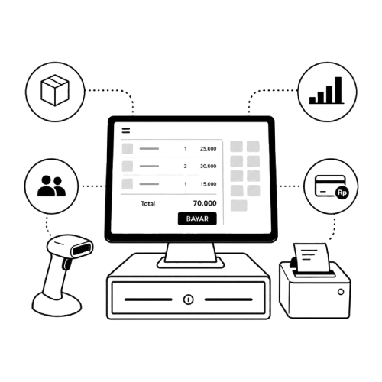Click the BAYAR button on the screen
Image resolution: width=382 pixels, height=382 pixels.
(197, 219)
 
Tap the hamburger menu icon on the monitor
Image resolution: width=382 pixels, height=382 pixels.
(126, 131)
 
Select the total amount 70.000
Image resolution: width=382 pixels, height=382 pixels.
(205, 203)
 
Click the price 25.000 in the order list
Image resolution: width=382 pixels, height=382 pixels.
(208, 148)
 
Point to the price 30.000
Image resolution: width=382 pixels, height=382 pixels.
(208, 166)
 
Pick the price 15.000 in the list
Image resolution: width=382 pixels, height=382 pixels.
(209, 184)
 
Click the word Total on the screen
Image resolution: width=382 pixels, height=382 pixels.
(148, 203)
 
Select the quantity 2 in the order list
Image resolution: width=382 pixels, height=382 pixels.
(185, 167)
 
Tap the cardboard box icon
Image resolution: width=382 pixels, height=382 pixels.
(55, 90)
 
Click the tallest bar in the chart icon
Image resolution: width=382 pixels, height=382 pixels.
(338, 90)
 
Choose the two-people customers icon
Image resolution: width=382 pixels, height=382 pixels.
(51, 186)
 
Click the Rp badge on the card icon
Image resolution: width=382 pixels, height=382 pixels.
(342, 193)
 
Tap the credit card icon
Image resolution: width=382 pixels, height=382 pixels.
(330, 186)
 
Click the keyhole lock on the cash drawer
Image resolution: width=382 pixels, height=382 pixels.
(189, 299)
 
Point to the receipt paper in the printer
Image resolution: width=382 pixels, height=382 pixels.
(311, 257)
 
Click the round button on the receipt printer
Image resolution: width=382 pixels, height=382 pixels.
(341, 292)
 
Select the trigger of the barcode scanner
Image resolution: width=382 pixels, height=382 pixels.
(66, 264)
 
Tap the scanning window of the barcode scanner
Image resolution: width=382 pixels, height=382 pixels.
(82, 249)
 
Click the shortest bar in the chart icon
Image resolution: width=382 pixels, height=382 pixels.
(312, 100)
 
